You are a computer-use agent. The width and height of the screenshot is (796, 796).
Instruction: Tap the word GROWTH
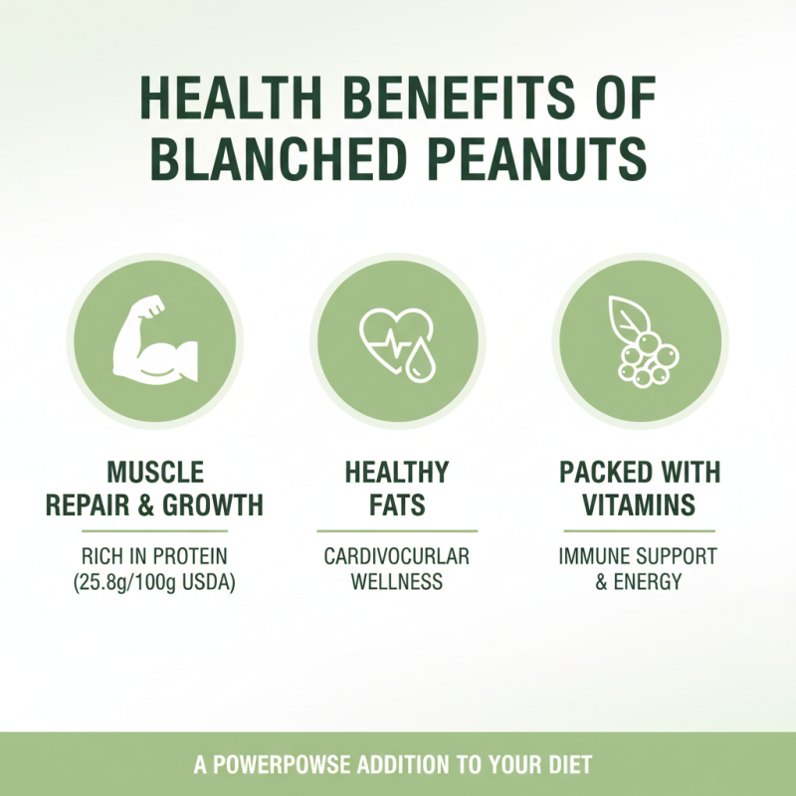point(216,504)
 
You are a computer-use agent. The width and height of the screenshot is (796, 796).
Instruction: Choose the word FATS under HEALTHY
point(397,504)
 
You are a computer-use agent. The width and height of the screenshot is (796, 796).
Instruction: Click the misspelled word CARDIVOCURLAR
point(397,555)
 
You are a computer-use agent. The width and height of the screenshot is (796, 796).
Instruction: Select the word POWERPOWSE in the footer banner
point(288,766)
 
